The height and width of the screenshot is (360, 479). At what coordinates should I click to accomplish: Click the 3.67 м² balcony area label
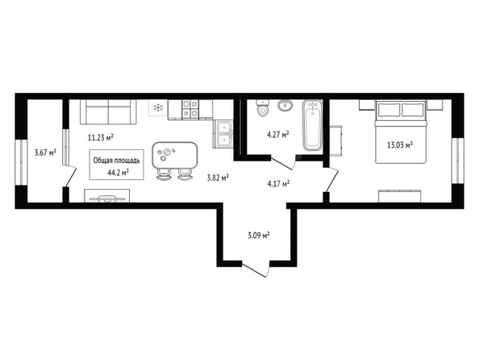[45, 152]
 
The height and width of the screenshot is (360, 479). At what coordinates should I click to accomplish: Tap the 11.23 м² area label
[101, 138]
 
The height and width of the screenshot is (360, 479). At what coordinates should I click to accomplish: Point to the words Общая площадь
[116, 161]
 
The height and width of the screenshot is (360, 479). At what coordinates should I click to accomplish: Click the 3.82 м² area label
[218, 178]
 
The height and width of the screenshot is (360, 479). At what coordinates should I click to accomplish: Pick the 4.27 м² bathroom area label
[277, 135]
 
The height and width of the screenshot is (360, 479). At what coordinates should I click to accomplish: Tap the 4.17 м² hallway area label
[278, 183]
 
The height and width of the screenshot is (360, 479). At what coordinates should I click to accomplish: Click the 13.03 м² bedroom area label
[400, 144]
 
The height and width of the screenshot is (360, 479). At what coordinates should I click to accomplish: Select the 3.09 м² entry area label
[258, 235]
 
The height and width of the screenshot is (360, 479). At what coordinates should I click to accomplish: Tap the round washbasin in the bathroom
[285, 106]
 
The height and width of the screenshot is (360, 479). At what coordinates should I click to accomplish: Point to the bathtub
[312, 125]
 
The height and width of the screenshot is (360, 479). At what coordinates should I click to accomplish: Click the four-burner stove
[190, 109]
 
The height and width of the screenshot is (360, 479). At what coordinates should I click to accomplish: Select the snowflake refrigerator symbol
[158, 107]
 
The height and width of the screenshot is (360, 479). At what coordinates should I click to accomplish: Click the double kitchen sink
[224, 134]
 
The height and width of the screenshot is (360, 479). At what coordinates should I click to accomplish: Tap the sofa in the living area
[108, 111]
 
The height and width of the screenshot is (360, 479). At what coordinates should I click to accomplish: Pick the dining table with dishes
[175, 155]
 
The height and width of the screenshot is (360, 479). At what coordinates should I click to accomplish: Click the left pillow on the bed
[389, 110]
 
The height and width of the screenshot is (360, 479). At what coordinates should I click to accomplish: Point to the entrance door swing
[256, 269]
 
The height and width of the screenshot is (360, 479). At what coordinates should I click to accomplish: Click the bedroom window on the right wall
[457, 161]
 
